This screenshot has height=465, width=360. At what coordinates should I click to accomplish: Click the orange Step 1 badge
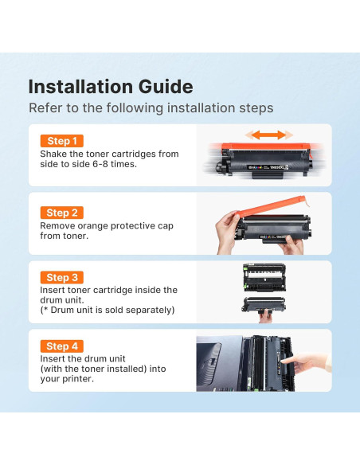[x=62, y=141]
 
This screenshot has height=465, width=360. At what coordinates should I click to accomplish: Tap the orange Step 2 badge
[x=62, y=213]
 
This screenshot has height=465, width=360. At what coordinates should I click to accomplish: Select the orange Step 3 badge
[x=62, y=278]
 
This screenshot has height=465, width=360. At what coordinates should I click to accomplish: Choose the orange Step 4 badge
[x=62, y=346]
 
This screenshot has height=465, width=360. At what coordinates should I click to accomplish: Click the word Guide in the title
[x=166, y=87]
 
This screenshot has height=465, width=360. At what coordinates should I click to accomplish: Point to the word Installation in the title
[x=80, y=87]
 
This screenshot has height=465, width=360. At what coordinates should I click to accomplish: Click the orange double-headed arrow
[x=268, y=135]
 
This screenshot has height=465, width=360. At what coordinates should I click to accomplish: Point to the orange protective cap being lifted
[x=272, y=205]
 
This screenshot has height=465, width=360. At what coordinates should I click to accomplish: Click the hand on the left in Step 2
[x=227, y=233]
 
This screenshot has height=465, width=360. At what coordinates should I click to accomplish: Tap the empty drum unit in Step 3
[x=264, y=277]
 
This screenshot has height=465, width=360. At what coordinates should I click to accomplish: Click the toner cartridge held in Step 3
[x=264, y=305]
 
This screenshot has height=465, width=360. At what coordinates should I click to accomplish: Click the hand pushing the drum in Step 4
[x=305, y=361]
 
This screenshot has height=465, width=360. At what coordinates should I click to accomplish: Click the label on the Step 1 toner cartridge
[x=268, y=167]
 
